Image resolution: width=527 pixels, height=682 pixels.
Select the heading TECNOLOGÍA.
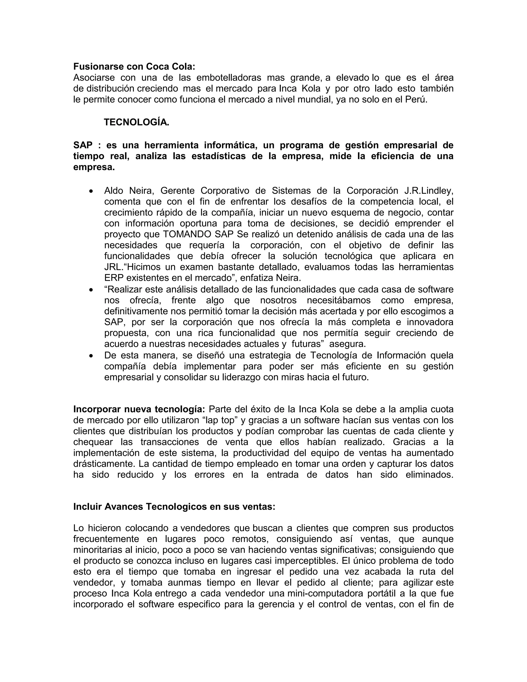[136, 123]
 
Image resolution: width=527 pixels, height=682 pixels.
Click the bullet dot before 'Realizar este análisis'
[91, 290]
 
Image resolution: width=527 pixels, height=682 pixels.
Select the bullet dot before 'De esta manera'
[91, 356]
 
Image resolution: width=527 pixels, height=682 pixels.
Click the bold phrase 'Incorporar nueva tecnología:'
[139, 409]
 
